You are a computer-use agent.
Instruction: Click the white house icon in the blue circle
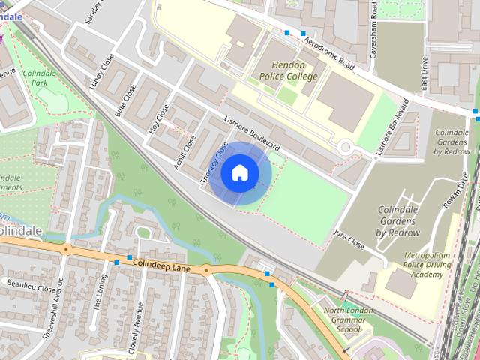tap(239, 173)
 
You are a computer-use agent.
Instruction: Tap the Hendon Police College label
tap(289, 70)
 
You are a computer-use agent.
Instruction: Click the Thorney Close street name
tap(214, 164)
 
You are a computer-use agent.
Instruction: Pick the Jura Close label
tap(349, 239)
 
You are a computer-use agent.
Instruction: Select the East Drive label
tap(424, 76)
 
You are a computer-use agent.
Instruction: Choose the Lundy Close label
tap(101, 72)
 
